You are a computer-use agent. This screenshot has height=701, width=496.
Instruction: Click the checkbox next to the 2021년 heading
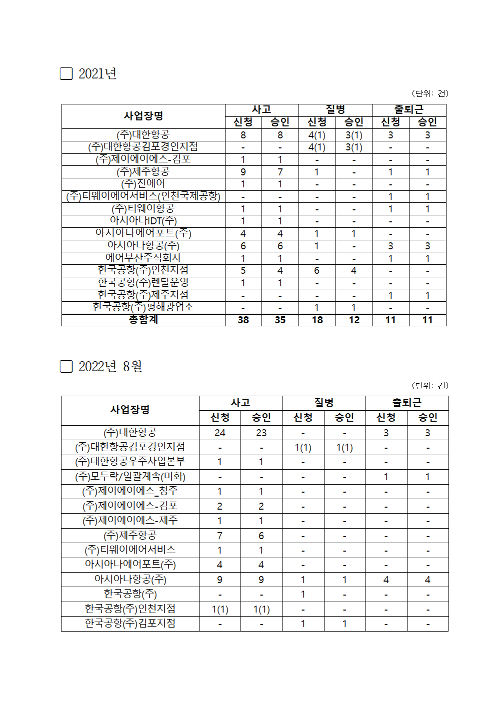pos(66,74)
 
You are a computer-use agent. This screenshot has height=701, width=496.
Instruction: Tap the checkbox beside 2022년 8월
pos(66,367)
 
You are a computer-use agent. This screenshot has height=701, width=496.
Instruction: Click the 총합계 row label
pos(143,320)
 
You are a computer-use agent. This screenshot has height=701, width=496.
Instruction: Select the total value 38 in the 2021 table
pos(243,320)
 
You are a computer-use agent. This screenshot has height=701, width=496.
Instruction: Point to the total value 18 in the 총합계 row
pos(317,320)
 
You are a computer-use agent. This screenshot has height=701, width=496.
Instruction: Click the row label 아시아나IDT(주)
pos(143,221)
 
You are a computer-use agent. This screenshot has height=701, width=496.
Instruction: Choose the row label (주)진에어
pos(143,184)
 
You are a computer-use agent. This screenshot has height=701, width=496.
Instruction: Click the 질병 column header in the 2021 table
pos(335,109)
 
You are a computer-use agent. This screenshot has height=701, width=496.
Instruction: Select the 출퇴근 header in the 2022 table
pos(407,403)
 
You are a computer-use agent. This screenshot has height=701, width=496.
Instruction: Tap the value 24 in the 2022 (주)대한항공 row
pos(220,433)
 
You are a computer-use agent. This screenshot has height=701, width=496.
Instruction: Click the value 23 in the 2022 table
pos(261,433)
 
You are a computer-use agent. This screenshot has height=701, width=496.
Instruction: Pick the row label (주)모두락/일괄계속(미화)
pos(130,477)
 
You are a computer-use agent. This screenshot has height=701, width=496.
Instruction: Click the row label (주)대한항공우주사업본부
pos(130,462)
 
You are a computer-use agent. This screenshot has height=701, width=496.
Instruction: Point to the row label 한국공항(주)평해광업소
pos(143,307)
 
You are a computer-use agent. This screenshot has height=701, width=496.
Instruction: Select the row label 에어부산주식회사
pos(143,258)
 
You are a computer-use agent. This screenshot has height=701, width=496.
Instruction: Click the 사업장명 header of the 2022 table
pos(130,410)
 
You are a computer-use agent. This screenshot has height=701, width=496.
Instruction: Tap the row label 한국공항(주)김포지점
pos(130,624)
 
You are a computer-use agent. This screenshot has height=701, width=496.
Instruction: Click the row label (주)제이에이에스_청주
pos(130,491)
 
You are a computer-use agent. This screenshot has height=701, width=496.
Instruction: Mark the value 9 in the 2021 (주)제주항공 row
pos(243,172)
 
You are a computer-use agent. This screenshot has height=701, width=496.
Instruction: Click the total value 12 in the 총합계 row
pos(354,320)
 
